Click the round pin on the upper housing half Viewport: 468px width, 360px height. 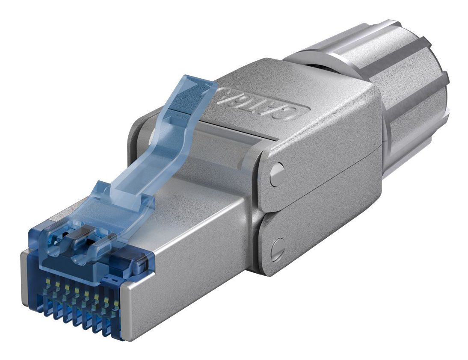tap(278, 173)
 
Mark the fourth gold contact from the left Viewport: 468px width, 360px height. tap(76, 291)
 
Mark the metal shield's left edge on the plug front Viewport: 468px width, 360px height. tap(25, 278)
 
